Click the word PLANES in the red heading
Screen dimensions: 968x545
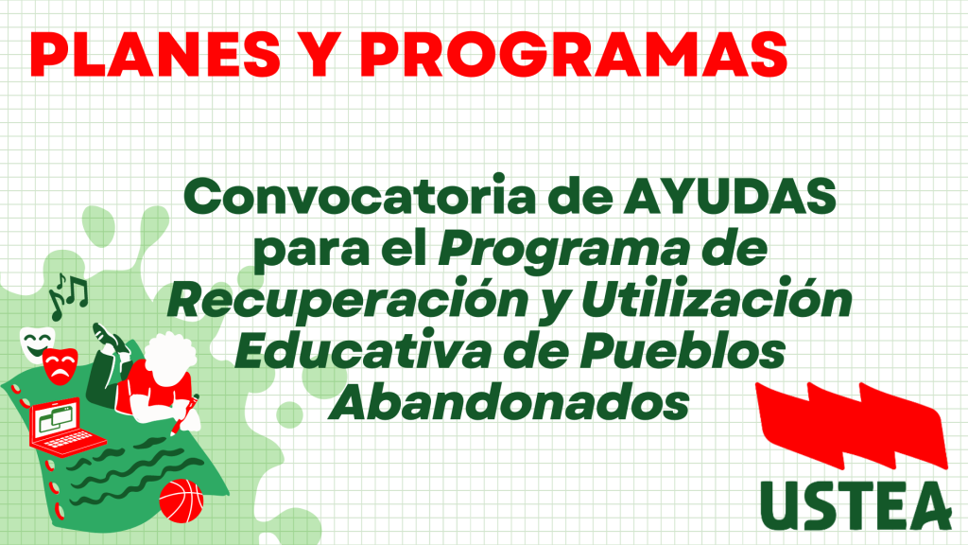pyautogui.click(x=155, y=54)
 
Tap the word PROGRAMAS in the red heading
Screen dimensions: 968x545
pyautogui.click(x=574, y=54)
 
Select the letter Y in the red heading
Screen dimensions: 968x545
pyautogui.click(x=320, y=54)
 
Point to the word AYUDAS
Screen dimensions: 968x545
pyautogui.click(x=730, y=197)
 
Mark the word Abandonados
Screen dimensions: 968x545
pyautogui.click(x=509, y=402)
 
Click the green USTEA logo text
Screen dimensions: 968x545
pyautogui.click(x=856, y=505)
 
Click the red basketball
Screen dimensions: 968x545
pyautogui.click(x=181, y=501)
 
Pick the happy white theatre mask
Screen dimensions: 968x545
pyautogui.click(x=36, y=344)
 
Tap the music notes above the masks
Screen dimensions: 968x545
pyautogui.click(x=68, y=295)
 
